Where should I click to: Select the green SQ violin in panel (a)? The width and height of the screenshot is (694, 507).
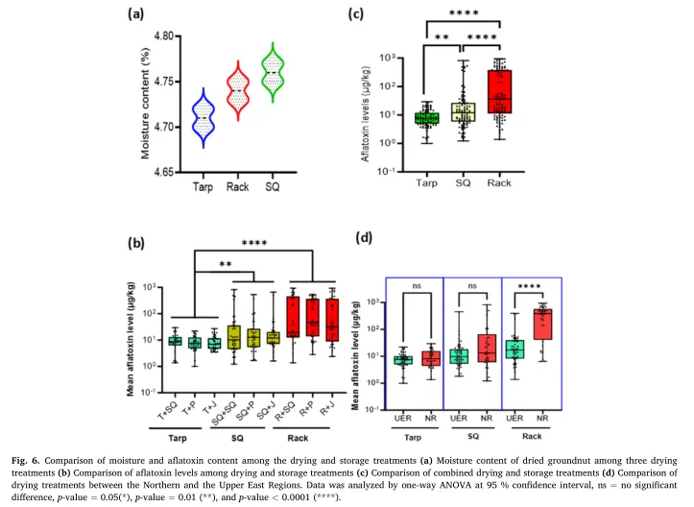click(275, 73)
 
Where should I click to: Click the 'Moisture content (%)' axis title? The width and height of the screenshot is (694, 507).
click(146, 104)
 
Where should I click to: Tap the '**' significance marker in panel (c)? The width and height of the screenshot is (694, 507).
click(442, 39)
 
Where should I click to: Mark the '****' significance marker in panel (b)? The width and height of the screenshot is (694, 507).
click(253, 243)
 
